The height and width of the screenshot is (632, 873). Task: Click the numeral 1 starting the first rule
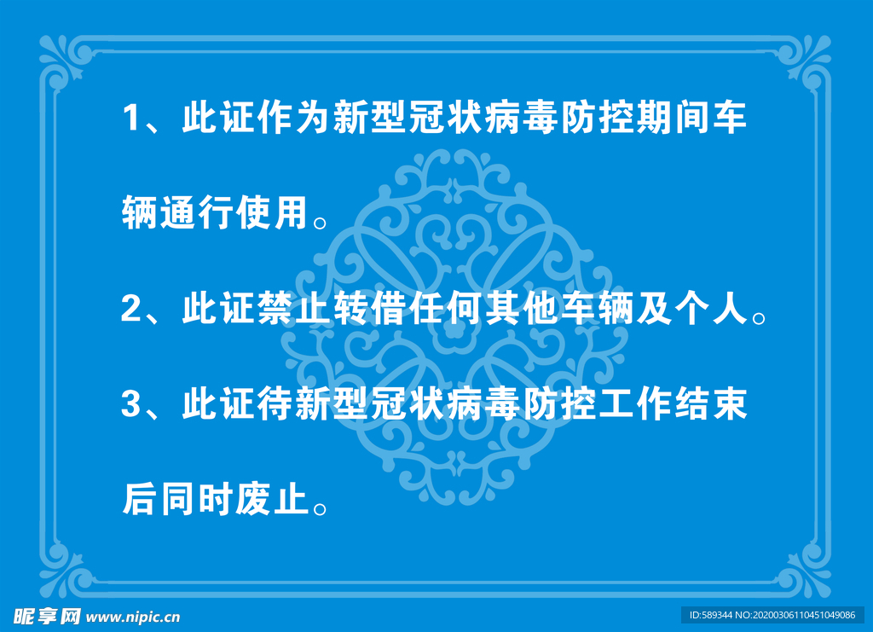131,118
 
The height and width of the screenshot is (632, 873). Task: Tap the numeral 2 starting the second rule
131,308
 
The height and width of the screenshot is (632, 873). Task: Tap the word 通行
197,212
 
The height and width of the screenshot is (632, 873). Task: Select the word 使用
272,212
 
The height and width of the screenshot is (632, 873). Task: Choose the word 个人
711,308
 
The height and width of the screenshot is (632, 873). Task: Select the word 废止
272,498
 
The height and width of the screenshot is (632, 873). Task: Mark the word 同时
197,498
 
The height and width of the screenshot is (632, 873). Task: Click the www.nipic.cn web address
133,617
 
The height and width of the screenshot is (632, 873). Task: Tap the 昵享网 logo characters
48,617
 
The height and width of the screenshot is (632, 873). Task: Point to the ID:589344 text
711,615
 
